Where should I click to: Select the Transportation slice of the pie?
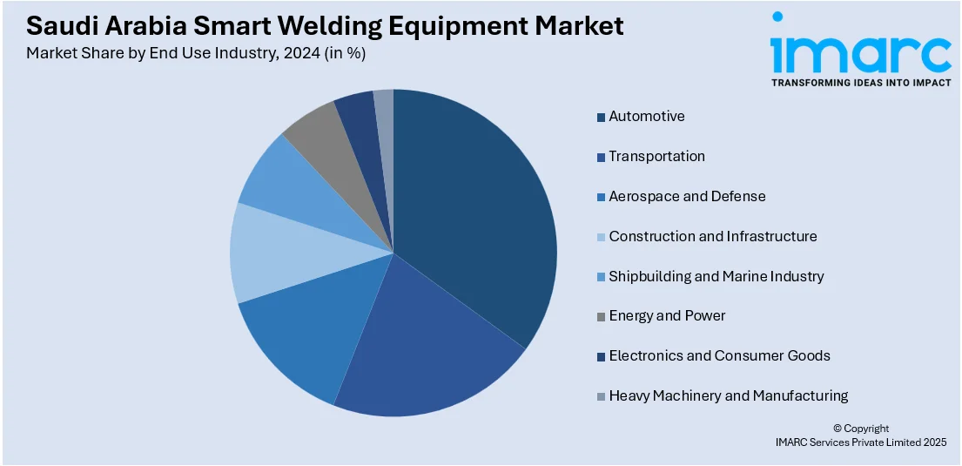tap(423, 344)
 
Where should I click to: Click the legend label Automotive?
tap(647, 116)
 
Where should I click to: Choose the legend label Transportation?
tap(656, 156)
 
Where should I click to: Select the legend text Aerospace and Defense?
tap(687, 196)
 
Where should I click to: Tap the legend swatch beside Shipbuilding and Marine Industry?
tap(602, 277)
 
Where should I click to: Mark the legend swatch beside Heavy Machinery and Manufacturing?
tap(602, 396)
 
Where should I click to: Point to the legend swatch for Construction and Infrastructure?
tap(602, 237)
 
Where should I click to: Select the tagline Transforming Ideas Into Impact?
tap(861, 83)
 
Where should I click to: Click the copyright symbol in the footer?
tap(838, 429)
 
